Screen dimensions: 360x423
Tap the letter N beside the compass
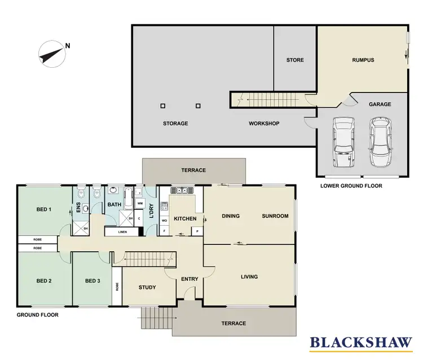(68, 46)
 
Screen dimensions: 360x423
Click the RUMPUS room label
(363, 60)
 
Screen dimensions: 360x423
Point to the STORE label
(294, 60)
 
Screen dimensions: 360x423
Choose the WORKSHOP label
(264, 124)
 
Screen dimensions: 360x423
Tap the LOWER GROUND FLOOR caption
(351, 186)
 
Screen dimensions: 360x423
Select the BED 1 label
(44, 209)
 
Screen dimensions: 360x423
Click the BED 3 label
(92, 281)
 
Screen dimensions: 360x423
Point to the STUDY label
(147, 287)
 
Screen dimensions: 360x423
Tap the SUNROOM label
(275, 216)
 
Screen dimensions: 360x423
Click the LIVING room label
(249, 276)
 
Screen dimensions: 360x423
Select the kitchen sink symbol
(183, 191)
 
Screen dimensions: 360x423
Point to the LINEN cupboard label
(122, 232)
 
